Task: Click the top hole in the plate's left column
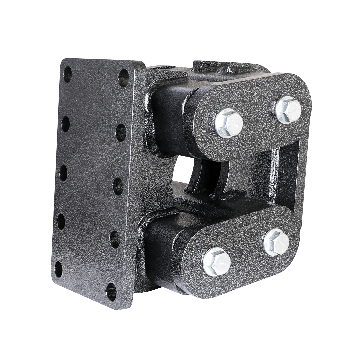(67, 74)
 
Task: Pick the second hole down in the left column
(66, 124)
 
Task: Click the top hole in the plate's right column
(124, 78)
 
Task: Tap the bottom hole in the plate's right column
(111, 292)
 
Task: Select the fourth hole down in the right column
(115, 239)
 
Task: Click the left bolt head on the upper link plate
(229, 123)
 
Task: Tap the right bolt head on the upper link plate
(288, 110)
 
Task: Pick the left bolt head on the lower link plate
(217, 261)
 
